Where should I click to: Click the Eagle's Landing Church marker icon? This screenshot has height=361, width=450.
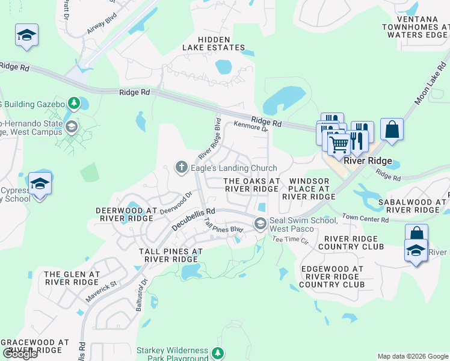(182, 168)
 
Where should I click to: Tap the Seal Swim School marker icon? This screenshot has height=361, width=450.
(260, 224)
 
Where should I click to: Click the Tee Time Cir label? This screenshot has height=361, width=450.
(290, 239)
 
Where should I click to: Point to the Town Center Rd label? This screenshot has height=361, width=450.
(366, 219)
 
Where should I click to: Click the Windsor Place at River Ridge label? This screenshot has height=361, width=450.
(308, 188)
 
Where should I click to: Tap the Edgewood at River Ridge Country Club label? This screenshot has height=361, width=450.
(331, 277)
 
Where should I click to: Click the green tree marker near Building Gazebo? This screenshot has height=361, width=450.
(74, 104)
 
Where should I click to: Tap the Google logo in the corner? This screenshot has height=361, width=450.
(20, 353)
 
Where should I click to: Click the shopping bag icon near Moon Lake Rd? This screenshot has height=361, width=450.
(392, 129)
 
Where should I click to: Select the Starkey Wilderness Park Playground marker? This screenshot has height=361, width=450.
(220, 353)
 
